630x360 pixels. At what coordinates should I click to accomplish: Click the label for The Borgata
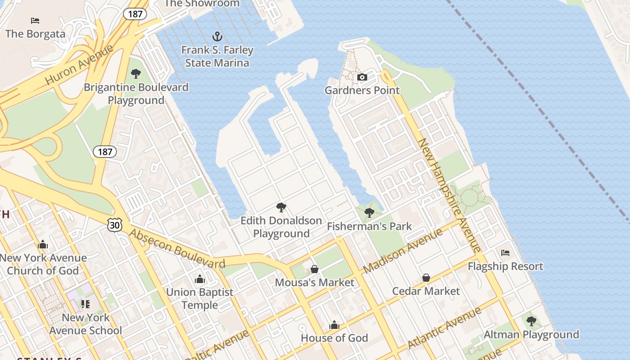click(x=35, y=34)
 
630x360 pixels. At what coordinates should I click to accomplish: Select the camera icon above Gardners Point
click(x=362, y=77)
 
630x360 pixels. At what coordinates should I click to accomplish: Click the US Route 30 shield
click(x=115, y=225)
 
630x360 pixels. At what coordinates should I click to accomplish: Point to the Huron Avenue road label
click(x=79, y=65)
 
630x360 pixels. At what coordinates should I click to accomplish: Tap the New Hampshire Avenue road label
click(x=450, y=195)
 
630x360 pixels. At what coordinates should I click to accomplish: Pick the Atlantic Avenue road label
click(x=444, y=328)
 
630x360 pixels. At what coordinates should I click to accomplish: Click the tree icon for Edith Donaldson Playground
click(x=281, y=207)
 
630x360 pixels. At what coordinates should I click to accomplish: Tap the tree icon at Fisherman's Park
click(x=369, y=213)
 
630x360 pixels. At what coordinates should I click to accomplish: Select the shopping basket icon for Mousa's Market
click(x=315, y=269)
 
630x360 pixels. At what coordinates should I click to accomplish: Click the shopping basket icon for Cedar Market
click(x=426, y=278)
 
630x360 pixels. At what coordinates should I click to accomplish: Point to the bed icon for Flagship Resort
click(x=505, y=253)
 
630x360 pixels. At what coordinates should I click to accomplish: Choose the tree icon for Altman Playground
click(x=531, y=321)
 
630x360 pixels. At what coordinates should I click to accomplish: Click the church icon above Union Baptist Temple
click(x=200, y=279)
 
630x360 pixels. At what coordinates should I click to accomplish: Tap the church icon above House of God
click(x=334, y=325)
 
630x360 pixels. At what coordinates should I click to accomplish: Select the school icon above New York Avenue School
click(x=85, y=304)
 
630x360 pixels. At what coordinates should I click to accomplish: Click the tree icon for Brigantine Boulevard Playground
click(x=136, y=74)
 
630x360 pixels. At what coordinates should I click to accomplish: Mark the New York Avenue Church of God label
click(x=43, y=264)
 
